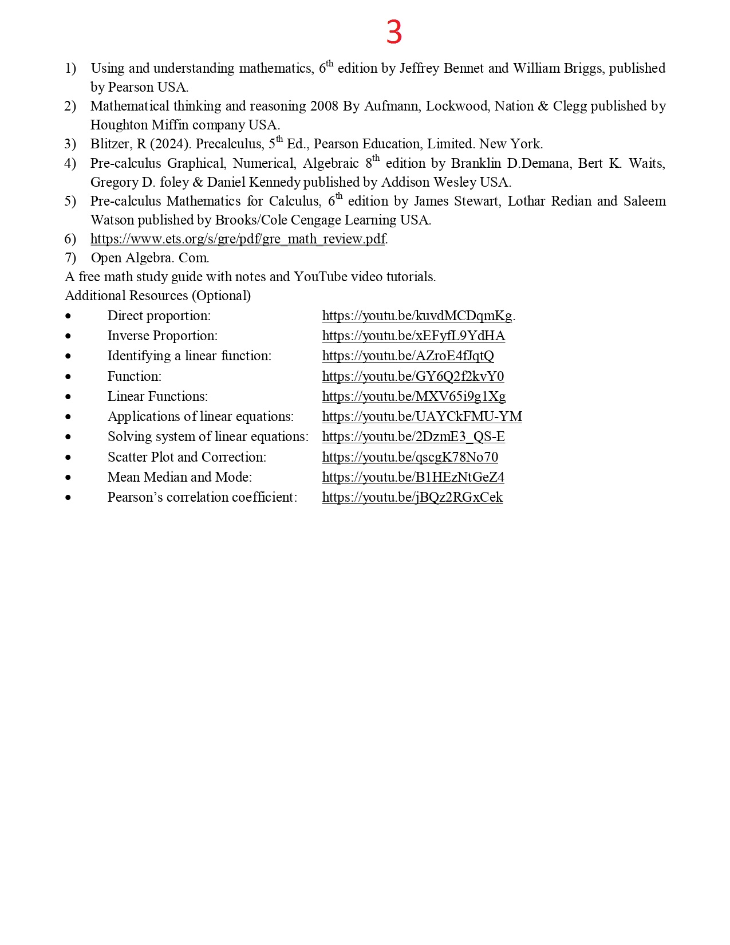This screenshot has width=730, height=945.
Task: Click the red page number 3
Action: point(394,32)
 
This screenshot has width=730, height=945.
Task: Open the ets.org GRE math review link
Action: point(238,239)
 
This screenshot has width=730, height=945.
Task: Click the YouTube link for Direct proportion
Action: point(417,316)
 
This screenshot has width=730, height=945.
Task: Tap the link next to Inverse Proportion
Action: point(413,336)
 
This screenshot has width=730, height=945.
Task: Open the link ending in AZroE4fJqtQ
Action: point(408,356)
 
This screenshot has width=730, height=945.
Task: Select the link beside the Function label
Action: point(413,376)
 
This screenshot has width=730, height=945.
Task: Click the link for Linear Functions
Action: point(413,396)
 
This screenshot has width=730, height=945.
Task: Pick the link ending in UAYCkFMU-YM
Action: point(422,416)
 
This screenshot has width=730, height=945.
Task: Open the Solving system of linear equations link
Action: point(413,436)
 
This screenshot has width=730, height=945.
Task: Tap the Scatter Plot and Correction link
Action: point(410,457)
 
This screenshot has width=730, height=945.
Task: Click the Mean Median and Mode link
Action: point(413,477)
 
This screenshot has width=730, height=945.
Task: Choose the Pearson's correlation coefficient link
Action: point(412,497)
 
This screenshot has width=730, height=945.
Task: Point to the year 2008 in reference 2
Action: point(324,106)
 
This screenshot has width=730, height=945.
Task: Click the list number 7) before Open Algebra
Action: point(70,258)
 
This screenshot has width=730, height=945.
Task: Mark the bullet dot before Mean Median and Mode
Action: point(68,477)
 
